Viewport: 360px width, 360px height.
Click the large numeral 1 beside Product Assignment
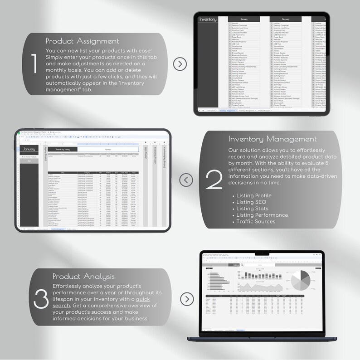(34, 64)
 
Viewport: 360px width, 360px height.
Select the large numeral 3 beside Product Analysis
(41, 298)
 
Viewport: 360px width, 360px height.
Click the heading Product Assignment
(83, 41)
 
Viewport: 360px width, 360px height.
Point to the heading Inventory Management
(272, 139)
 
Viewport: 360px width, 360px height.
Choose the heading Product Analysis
(84, 276)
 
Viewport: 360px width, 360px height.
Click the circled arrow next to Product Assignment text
(180, 64)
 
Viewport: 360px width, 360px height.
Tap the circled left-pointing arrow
(186, 180)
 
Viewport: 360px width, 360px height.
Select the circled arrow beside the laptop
(187, 299)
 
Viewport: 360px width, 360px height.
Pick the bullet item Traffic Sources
(256, 221)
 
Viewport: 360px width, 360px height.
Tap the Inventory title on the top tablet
(208, 19)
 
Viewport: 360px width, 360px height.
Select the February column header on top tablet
(285, 19)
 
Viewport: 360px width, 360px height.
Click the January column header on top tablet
(244, 19)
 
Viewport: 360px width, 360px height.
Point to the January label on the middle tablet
(29, 149)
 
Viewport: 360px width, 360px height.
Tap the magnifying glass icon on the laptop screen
(243, 265)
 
